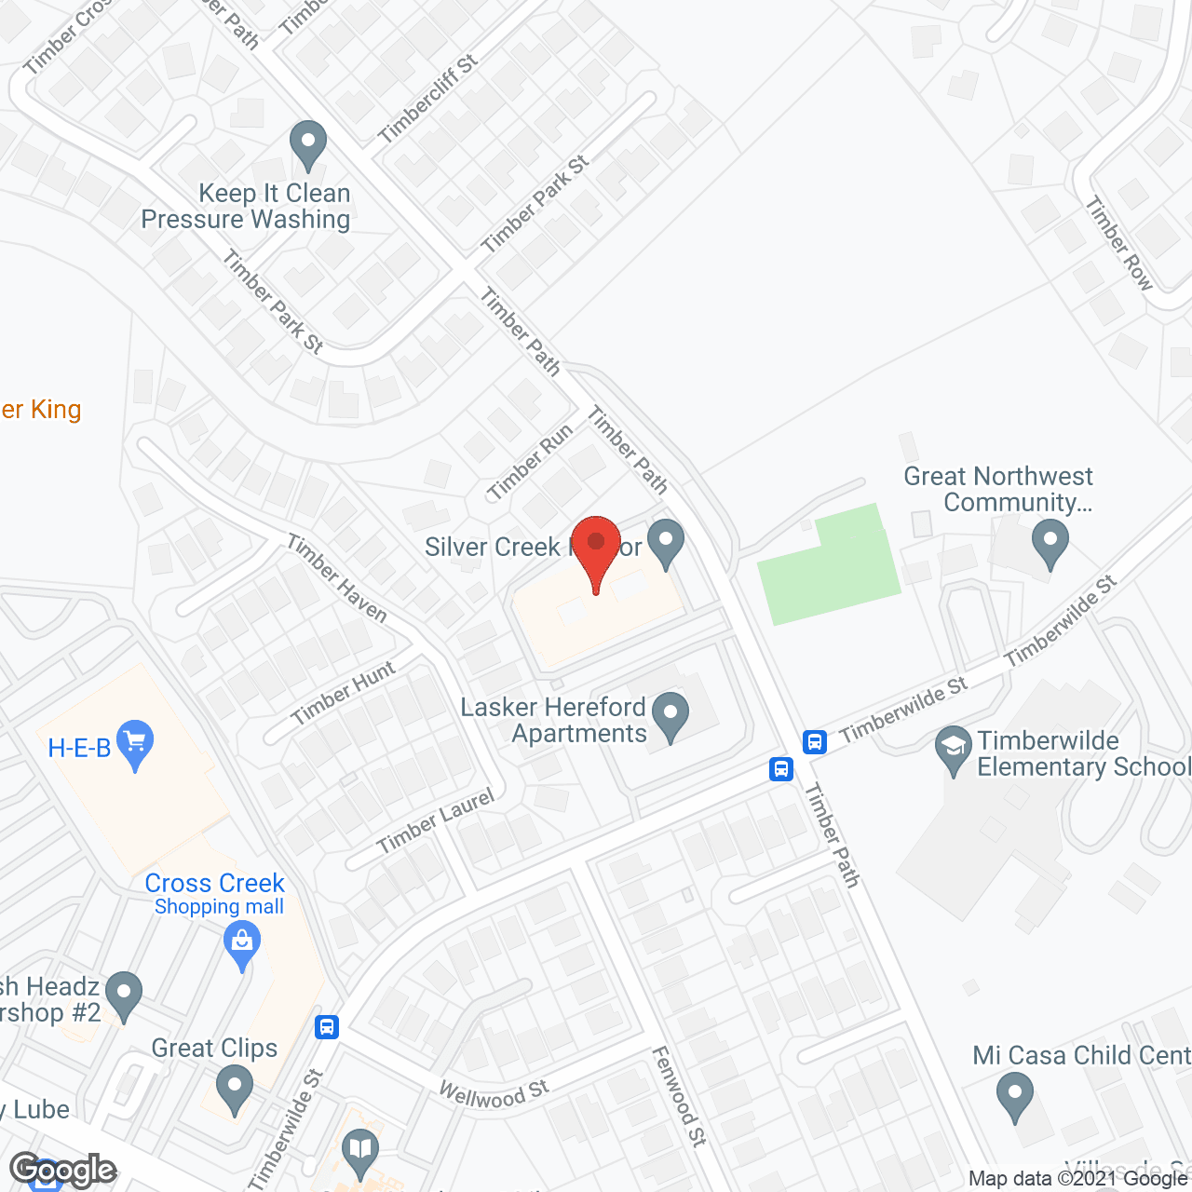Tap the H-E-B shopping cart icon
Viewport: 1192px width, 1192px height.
click(136, 743)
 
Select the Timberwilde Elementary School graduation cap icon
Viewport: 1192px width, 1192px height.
click(953, 749)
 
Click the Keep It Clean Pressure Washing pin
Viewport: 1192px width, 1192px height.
click(308, 144)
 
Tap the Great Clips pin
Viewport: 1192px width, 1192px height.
click(234, 1087)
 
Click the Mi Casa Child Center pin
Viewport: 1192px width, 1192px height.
click(1014, 1095)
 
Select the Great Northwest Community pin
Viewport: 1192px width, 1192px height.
click(1050, 542)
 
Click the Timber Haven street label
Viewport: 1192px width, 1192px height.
click(337, 577)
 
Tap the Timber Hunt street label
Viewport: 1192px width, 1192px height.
click(344, 692)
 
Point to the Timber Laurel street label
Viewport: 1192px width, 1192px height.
click(435, 821)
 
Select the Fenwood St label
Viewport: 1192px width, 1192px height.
click(680, 1095)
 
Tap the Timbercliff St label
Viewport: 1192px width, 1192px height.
click(428, 99)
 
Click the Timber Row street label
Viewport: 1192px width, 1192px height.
click(1119, 243)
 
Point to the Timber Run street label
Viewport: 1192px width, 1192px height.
click(530, 462)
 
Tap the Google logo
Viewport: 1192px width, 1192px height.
click(62, 1170)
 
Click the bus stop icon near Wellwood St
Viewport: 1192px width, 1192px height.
click(326, 1026)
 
